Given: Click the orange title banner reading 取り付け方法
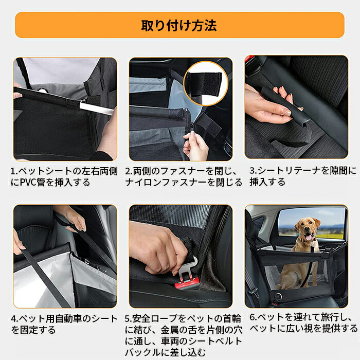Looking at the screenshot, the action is click(179, 25).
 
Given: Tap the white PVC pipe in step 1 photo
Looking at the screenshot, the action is click(97, 109).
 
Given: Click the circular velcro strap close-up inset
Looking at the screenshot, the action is click(206, 83).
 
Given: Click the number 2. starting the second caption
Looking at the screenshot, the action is click(129, 171).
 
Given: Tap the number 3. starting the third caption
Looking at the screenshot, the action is click(253, 171).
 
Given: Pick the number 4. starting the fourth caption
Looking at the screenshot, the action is click(14, 319).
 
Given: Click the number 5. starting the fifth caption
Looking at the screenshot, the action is click(129, 319).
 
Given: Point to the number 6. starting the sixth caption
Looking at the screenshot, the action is click(253, 317).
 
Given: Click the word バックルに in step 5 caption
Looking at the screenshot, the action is click(149, 352).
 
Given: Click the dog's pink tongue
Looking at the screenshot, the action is click(309, 238).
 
